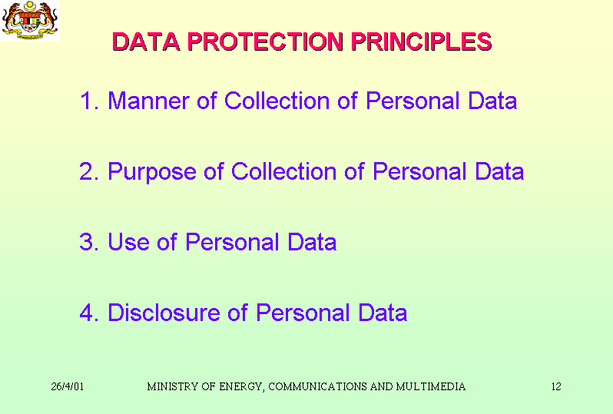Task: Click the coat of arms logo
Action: pos(30,20)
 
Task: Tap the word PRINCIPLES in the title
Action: pos(422,41)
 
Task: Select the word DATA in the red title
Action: pos(146,41)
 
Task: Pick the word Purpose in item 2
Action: pos(151,172)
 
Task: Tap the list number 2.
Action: pos(88,171)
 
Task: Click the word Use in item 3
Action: pos(128,242)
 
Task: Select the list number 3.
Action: pos(88,242)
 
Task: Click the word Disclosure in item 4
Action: pos(164,313)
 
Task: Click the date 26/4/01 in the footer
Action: pos(68,386)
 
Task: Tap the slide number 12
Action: pos(556,386)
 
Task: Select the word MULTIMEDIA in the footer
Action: pos(431,386)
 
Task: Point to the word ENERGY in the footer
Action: pos(242,387)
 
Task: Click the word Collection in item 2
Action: pos(283,171)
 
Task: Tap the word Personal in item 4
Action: pos(303,313)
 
